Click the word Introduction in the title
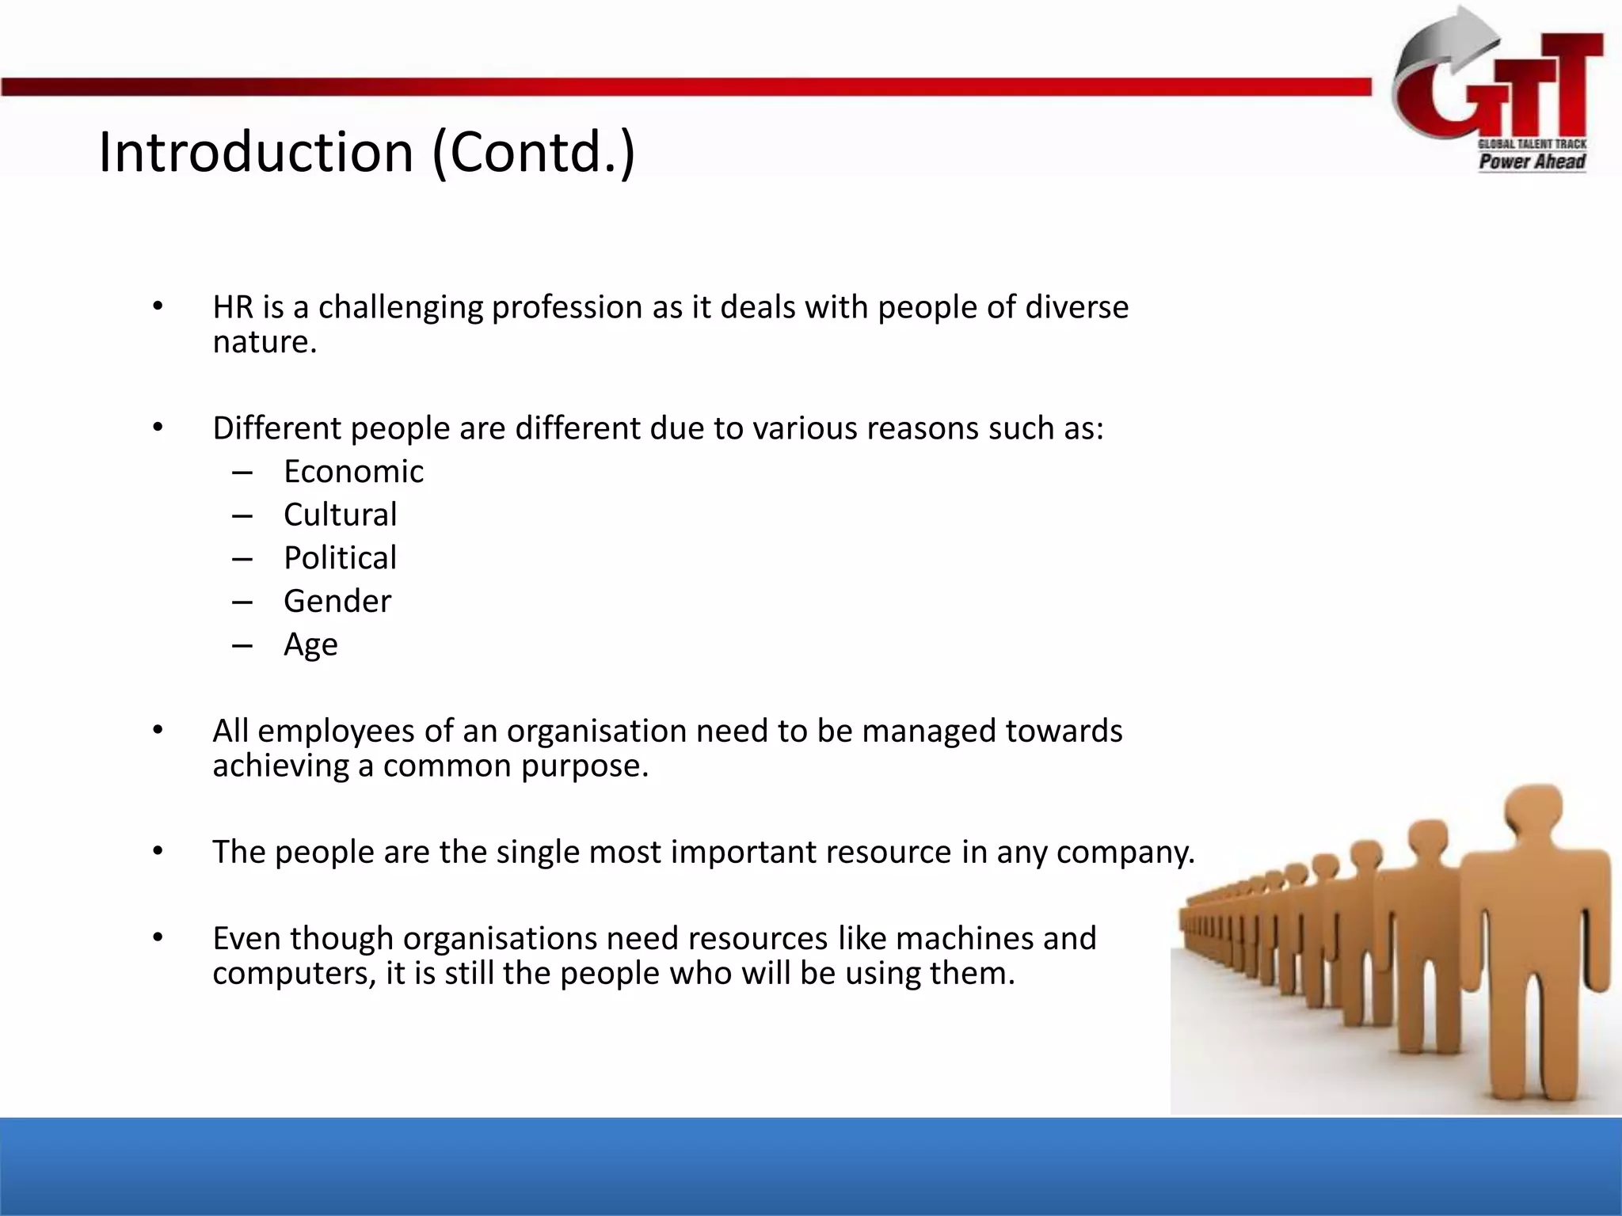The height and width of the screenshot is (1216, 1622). [256, 152]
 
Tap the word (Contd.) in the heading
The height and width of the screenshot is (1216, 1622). [534, 152]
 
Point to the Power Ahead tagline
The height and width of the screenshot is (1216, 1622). [1532, 161]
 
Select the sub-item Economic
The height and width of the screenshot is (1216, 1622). [353, 472]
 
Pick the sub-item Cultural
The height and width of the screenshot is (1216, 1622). [340, 515]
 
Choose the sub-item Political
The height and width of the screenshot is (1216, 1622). [340, 558]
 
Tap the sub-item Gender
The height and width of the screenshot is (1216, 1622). [337, 602]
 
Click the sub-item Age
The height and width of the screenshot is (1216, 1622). [310, 645]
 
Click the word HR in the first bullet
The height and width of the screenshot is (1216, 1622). [233, 307]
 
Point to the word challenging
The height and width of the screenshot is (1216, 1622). [401, 307]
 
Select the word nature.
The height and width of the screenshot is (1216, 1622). [265, 342]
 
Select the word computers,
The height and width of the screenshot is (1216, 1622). [294, 974]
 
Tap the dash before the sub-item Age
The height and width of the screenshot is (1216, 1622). [242, 646]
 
